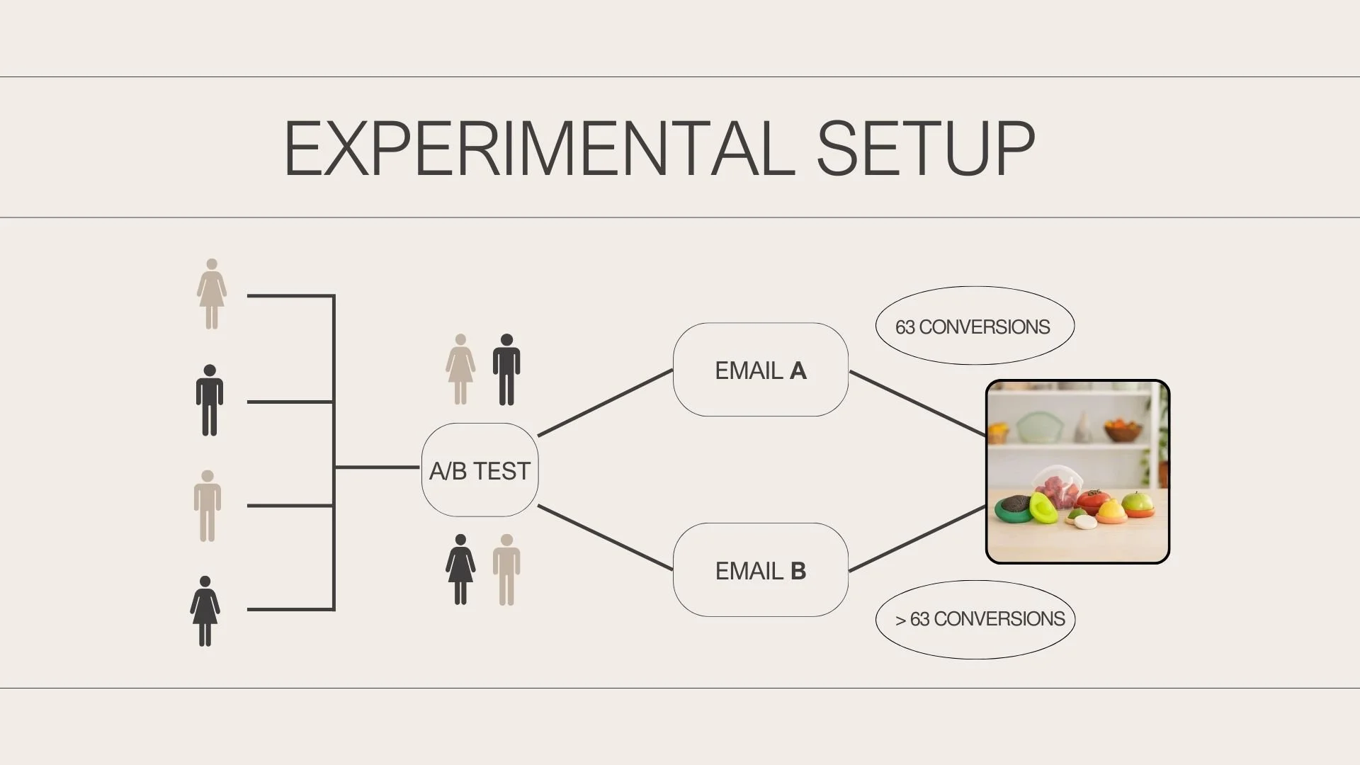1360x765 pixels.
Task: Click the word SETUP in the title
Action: coord(926,149)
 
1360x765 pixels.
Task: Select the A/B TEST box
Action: coord(480,470)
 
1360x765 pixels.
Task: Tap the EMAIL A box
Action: coord(760,370)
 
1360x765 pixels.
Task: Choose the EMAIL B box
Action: coord(760,570)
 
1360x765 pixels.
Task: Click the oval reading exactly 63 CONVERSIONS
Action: coord(975,326)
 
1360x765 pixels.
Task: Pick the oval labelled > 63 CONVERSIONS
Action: coord(975,620)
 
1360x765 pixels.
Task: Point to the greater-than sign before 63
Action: coord(900,620)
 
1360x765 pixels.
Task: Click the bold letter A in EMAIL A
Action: coord(798,370)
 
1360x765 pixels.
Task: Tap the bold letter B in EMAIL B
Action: coord(798,571)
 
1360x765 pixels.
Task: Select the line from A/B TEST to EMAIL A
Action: coord(605,402)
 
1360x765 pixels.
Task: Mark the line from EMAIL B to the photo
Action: coord(917,538)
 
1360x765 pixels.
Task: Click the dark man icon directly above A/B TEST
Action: coord(506,369)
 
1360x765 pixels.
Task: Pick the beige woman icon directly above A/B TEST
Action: coord(460,369)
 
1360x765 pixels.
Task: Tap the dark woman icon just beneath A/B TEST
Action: coord(460,569)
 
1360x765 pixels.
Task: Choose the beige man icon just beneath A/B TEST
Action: coord(506,569)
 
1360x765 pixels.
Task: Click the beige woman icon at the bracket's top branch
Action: coord(211,294)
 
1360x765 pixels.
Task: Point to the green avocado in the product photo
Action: coord(1043,507)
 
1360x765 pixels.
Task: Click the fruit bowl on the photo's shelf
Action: coord(1123,429)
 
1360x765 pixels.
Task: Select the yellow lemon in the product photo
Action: coord(1111,509)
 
